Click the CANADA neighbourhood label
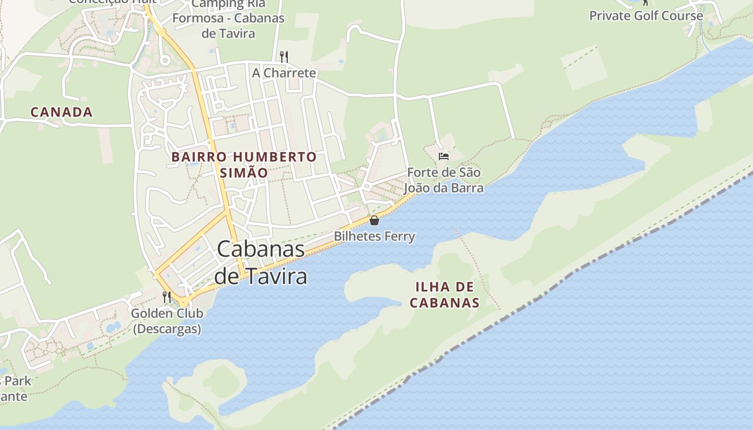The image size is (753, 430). pyautogui.click(x=61, y=112)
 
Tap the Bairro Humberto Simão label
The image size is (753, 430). pyautogui.click(x=244, y=164)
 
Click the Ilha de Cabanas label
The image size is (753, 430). pyautogui.click(x=444, y=295)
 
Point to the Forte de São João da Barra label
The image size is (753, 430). pyautogui.click(x=444, y=180)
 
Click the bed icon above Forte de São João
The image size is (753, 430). pyautogui.click(x=444, y=156)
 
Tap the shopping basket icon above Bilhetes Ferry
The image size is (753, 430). pyautogui.click(x=374, y=220)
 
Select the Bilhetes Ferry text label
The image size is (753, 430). pyautogui.click(x=374, y=236)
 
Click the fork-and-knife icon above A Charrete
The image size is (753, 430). pyautogui.click(x=284, y=56)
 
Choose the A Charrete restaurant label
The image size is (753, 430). pyautogui.click(x=284, y=73)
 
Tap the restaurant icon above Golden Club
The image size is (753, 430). pyautogui.click(x=167, y=297)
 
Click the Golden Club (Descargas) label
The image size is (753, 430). pyautogui.click(x=167, y=321)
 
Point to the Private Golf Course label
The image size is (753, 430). pyautogui.click(x=646, y=16)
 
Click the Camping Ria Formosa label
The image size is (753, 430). pyautogui.click(x=228, y=18)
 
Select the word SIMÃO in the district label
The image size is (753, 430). pyautogui.click(x=244, y=173)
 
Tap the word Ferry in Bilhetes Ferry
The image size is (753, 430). pyautogui.click(x=398, y=236)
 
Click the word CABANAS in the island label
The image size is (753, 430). pyautogui.click(x=444, y=303)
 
